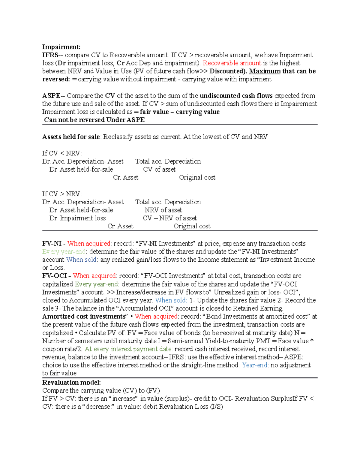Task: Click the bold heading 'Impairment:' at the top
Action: [61, 47]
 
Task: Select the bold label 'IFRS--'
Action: [53, 55]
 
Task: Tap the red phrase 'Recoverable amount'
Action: [232, 63]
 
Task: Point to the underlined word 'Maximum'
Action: [265, 71]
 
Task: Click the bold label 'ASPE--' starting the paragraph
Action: [53, 96]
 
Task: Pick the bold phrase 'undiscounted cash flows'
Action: [236, 96]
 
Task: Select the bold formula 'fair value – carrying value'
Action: [180, 112]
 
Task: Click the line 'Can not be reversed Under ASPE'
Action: [94, 120]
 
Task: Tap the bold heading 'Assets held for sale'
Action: [71, 137]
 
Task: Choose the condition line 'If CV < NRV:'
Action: [62, 153]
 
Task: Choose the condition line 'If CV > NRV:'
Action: [62, 194]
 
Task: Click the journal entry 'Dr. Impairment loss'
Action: [77, 218]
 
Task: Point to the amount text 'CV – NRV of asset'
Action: [170, 218]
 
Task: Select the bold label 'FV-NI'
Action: [52, 243]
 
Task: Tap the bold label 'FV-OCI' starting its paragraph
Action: [54, 276]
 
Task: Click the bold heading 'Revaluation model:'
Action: [71, 383]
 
